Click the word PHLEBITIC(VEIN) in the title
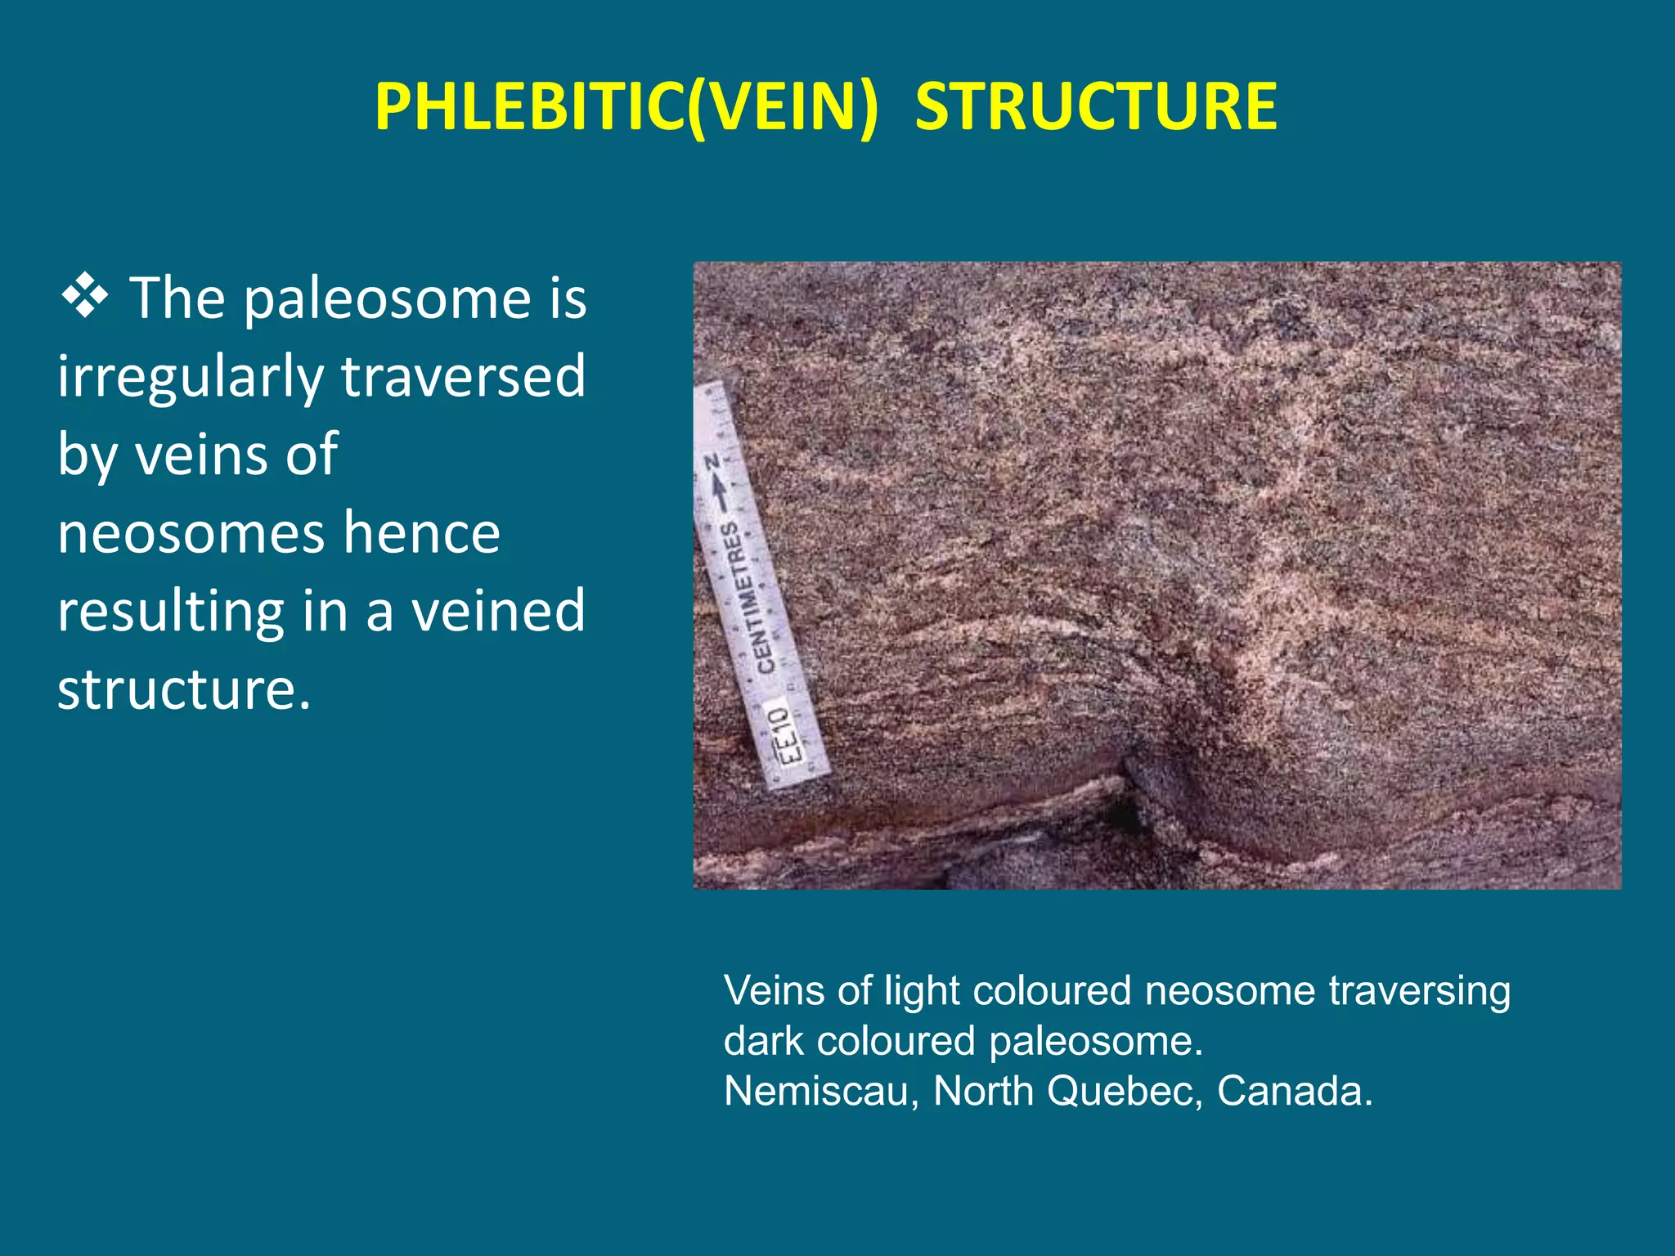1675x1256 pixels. pyautogui.click(x=626, y=107)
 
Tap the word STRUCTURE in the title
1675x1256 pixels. pyautogui.click(x=1096, y=107)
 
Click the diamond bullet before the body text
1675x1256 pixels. pyautogui.click(x=84, y=296)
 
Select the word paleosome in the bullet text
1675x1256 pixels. pyautogui.click(x=389, y=298)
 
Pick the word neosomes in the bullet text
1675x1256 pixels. pyautogui.click(x=191, y=533)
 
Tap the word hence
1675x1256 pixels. pyautogui.click(x=421, y=533)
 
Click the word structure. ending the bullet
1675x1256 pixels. pyautogui.click(x=184, y=689)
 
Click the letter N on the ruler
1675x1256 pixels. pyautogui.click(x=712, y=463)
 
